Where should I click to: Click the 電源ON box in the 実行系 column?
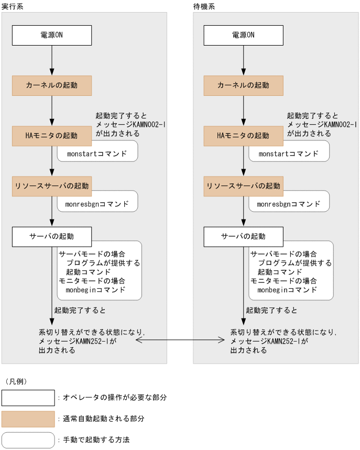coord(52,35)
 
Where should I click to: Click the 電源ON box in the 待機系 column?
coord(243,35)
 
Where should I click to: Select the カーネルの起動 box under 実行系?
coord(52,85)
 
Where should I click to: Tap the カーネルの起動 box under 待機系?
coord(243,85)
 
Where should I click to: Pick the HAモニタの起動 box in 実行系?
coord(52,136)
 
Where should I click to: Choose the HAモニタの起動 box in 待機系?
coord(243,136)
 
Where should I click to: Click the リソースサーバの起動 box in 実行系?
coord(52,186)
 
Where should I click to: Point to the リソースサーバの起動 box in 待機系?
coord(243,186)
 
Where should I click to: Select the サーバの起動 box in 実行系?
coord(52,236)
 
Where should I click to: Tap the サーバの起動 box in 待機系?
coord(243,236)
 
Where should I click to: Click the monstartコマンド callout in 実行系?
coord(97,153)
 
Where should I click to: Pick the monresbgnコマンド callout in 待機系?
coord(288,204)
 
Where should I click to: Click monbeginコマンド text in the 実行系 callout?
coord(96,289)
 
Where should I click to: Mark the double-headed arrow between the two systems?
coord(180,341)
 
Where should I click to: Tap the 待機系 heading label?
coord(204,6)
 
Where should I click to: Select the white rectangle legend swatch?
coord(28,398)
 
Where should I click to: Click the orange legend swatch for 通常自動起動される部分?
coord(28,419)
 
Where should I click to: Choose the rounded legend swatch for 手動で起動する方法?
coord(28,440)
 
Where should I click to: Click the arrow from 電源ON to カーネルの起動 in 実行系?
coord(52,60)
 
